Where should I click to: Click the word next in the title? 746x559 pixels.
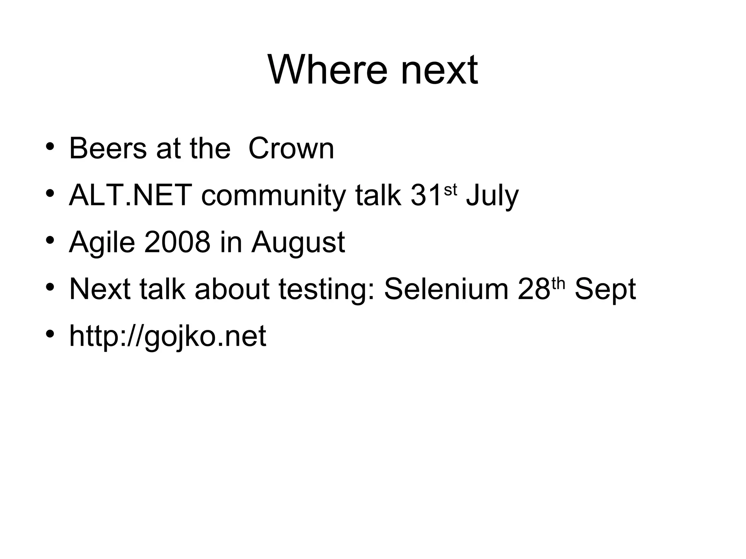(x=439, y=70)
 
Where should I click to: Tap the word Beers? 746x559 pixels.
(x=107, y=148)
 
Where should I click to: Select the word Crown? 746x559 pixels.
(x=291, y=148)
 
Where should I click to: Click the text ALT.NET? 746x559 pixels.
(x=130, y=195)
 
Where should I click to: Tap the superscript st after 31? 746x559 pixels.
(x=450, y=190)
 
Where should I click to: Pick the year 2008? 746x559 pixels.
(x=177, y=242)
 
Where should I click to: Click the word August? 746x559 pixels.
(x=298, y=243)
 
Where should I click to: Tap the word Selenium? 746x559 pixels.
(x=446, y=289)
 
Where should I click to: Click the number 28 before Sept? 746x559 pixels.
(x=534, y=289)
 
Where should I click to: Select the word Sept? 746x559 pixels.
(x=605, y=290)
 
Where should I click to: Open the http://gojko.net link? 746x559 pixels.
(x=168, y=336)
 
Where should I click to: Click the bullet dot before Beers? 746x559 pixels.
(x=50, y=147)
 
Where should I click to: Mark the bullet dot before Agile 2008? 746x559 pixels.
(x=50, y=240)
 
